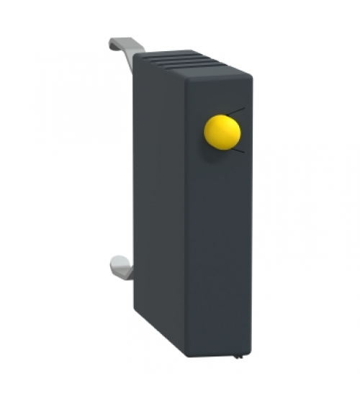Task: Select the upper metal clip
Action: coord(125,50)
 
